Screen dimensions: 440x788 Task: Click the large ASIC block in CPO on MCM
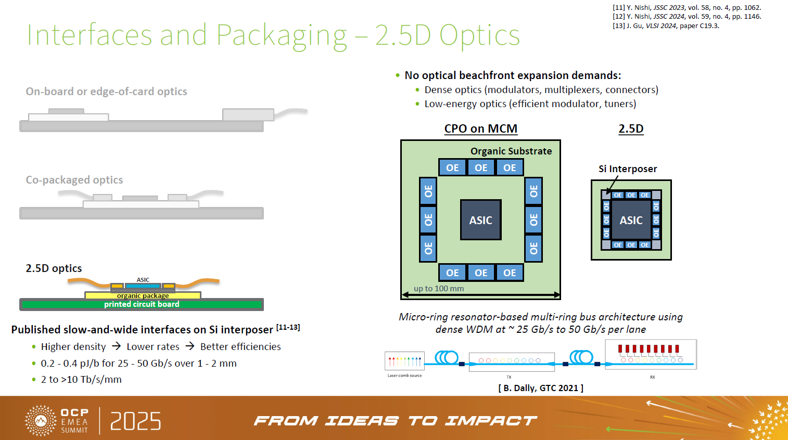480,220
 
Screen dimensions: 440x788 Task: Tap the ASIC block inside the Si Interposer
631,221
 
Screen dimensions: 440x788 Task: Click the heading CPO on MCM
480,128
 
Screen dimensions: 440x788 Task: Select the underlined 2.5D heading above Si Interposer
631,128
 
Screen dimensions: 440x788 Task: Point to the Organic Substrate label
511,151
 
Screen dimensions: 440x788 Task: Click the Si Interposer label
627,169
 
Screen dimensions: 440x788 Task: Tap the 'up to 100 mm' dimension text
438,289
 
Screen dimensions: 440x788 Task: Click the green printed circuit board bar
141,304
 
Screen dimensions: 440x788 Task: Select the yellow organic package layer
143,295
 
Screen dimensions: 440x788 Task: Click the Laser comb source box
404,361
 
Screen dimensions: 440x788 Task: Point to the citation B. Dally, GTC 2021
540,388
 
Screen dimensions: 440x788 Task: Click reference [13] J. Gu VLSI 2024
666,25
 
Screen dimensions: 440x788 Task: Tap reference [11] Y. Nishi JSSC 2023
686,8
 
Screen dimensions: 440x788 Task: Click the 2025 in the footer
135,421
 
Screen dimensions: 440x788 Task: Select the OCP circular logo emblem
41,420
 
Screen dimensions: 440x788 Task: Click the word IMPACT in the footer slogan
490,421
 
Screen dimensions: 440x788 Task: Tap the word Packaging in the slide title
281,35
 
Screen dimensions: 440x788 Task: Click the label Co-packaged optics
74,180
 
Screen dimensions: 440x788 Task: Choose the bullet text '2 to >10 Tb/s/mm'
81,380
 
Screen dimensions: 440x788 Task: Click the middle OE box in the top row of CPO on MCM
481,167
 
